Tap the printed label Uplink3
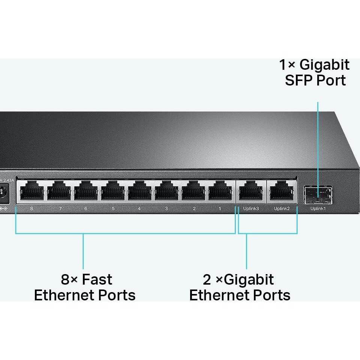pos(251,208)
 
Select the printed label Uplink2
pos(282,208)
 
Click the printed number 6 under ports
pos(85,208)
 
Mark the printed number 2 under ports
pos(194,208)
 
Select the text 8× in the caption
pos(70,280)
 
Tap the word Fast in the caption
pos(97,280)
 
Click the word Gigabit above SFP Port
pos(325,65)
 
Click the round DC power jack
pos(4,192)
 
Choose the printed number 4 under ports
pos(139,208)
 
